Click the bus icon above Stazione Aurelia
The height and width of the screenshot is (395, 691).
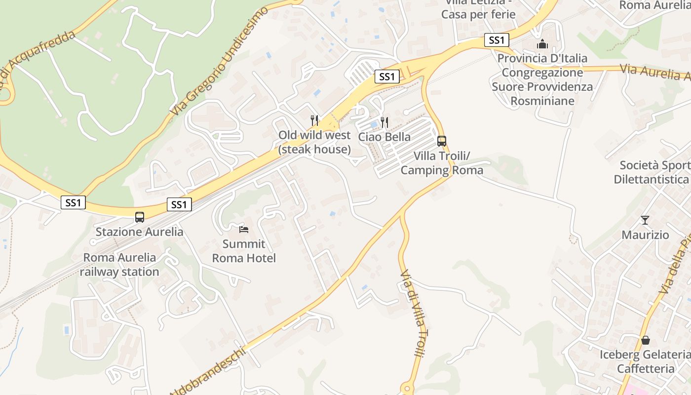[140, 217]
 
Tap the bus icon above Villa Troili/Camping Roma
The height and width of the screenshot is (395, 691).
[442, 141]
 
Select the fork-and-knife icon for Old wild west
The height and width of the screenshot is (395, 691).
[314, 120]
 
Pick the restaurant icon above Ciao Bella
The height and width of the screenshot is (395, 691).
[384, 122]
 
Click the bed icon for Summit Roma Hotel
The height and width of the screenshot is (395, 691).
[244, 229]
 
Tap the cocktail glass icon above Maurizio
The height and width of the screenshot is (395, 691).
[645, 220]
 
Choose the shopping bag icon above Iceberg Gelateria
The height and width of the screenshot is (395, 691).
[645, 340]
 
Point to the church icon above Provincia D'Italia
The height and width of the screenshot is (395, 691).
[542, 44]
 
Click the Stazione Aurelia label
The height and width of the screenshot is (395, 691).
[139, 232]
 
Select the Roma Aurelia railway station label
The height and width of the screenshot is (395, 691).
[119, 265]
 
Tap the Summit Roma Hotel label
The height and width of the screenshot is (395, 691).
[244, 251]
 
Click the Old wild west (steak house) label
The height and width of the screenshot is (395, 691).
[314, 142]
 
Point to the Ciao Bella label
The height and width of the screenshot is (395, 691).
[384, 137]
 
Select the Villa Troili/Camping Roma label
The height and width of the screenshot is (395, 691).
[442, 163]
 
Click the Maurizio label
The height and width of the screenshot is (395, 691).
[645, 235]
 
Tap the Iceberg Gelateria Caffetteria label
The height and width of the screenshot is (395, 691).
[645, 361]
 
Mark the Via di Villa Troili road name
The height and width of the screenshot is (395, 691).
[412, 314]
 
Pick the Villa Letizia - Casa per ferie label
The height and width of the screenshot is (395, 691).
[478, 9]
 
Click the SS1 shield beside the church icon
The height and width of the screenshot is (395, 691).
[496, 40]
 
